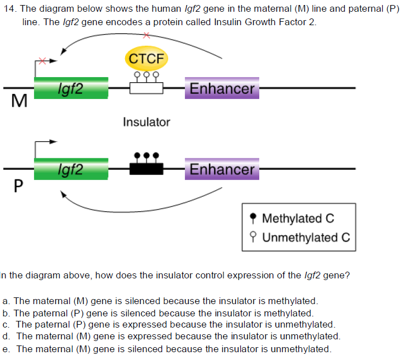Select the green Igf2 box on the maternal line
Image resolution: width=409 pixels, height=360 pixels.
(x=71, y=88)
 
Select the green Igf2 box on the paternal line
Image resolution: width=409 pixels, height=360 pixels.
(x=71, y=169)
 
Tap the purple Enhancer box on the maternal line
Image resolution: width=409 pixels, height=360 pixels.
(x=222, y=88)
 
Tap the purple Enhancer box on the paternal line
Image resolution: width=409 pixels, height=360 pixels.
(x=222, y=169)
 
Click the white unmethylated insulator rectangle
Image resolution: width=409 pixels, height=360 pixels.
(x=146, y=88)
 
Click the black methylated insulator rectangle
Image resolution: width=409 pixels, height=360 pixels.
(x=146, y=168)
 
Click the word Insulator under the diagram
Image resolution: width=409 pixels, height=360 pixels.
(x=146, y=122)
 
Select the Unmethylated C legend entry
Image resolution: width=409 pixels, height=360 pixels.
(x=299, y=238)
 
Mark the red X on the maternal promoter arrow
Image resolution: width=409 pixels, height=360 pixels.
(x=41, y=60)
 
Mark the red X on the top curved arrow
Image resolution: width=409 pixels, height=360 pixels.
(x=146, y=35)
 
